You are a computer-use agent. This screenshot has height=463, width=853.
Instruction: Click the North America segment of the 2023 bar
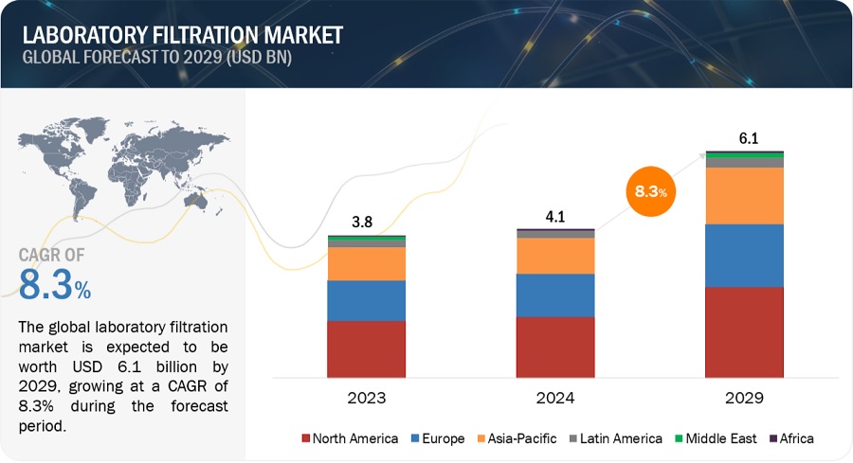pyautogui.click(x=366, y=349)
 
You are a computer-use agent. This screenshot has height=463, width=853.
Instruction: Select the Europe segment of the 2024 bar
pyautogui.click(x=555, y=294)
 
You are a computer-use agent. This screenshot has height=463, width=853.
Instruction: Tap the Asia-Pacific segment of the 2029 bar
pyautogui.click(x=745, y=195)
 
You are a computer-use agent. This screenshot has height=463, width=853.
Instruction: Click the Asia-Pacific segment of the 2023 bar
pyautogui.click(x=366, y=263)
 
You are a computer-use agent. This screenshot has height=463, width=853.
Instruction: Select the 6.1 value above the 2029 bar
pyautogui.click(x=748, y=139)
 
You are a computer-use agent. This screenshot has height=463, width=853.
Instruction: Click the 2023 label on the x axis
pyautogui.click(x=366, y=398)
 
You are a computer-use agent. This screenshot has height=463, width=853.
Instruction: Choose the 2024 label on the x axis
pyautogui.click(x=555, y=398)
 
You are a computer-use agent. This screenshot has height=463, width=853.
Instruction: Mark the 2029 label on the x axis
pyautogui.click(x=745, y=398)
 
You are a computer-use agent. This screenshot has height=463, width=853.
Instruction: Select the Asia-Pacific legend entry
pyautogui.click(x=517, y=438)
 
